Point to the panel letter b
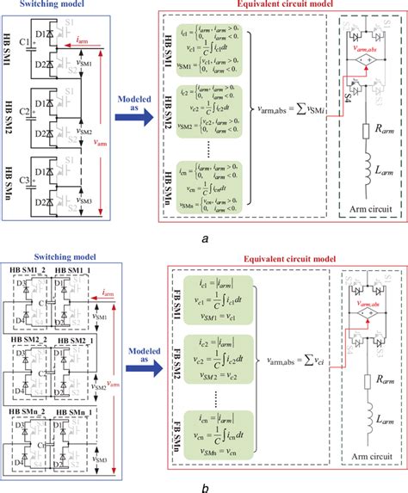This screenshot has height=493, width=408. click(203, 484)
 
